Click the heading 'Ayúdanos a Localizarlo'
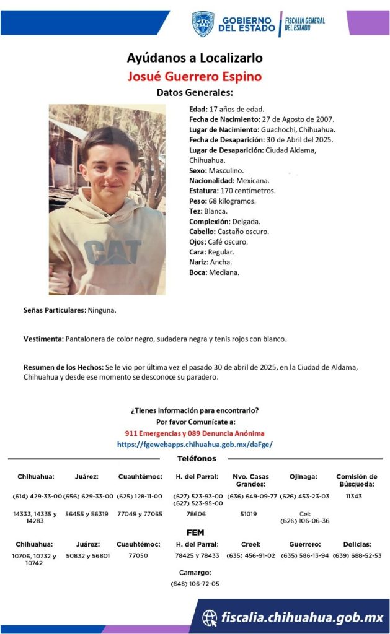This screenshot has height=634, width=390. [195, 58]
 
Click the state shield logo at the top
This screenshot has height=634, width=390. [203, 24]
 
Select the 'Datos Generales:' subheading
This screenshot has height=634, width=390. [195, 93]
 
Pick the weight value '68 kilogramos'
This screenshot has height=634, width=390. [233, 201]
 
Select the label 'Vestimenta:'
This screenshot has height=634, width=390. [43, 339]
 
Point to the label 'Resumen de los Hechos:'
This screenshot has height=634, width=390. [63, 367]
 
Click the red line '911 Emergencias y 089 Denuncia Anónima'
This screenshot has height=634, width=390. [195, 433]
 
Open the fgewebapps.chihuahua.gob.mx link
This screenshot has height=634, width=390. [195, 444]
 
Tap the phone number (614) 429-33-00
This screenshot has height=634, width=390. [37, 497]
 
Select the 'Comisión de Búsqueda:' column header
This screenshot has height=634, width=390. [357, 480]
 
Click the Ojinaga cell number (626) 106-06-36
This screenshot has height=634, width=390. [304, 521]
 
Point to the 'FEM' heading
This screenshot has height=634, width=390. [195, 532]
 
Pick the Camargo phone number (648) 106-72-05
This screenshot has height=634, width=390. [195, 584]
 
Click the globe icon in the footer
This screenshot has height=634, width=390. [211, 617]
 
